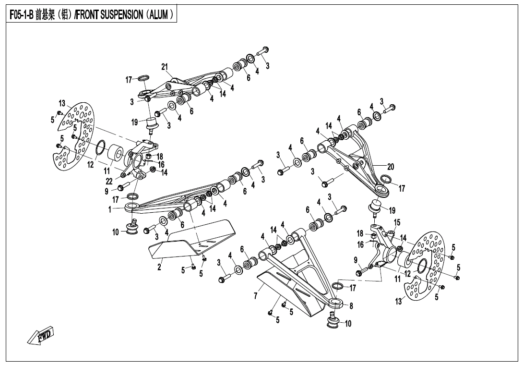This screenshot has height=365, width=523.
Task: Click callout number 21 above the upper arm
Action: (x=165, y=67)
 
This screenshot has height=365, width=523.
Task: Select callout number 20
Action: (x=391, y=167)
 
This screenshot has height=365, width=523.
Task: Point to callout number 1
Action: (x=110, y=209)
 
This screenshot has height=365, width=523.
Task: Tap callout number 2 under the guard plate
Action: (x=159, y=267)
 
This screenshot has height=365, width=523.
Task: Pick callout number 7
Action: (x=256, y=295)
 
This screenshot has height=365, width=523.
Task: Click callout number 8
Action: (x=351, y=305)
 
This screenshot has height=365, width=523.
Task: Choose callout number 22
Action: (x=109, y=181)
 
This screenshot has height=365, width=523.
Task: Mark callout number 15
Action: (x=397, y=222)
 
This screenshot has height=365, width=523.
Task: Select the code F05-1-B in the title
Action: (x=21, y=15)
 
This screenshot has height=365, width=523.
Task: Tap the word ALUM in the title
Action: (x=159, y=15)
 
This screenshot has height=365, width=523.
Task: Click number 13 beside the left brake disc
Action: (x=62, y=103)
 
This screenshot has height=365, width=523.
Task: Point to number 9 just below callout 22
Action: (x=107, y=191)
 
